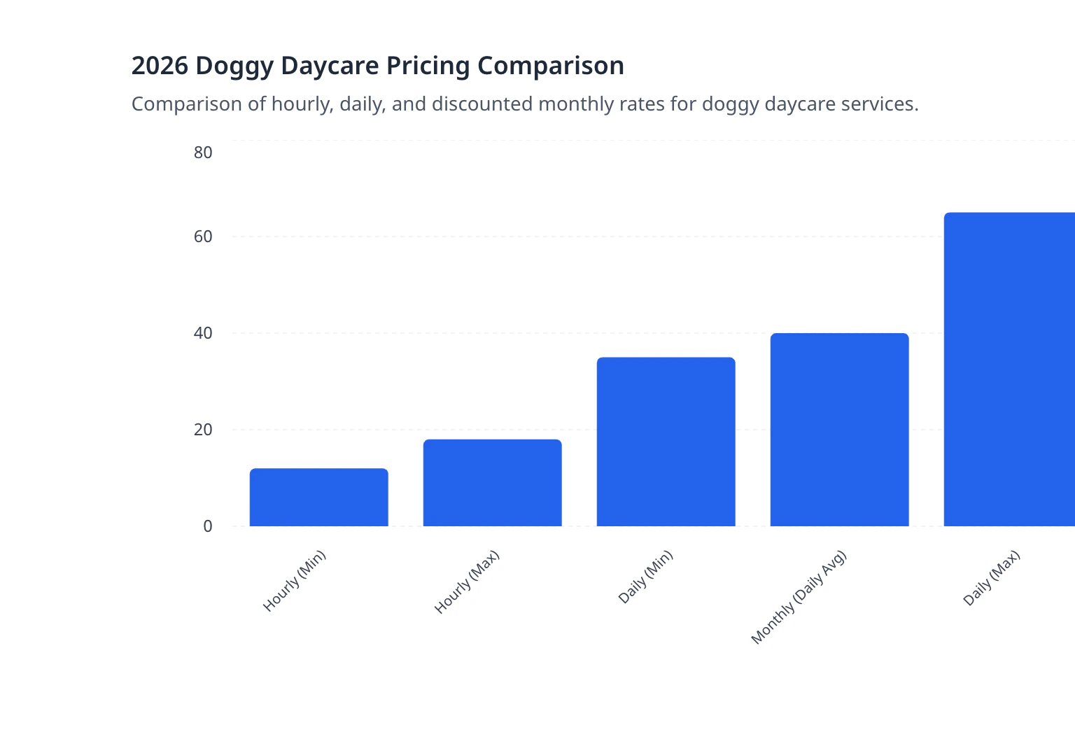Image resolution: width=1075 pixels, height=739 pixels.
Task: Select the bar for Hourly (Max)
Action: pyautogui.click(x=492, y=483)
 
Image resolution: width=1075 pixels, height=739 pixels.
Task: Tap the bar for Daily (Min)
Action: pyautogui.click(x=666, y=442)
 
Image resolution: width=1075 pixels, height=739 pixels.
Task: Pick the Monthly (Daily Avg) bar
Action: pyautogui.click(x=839, y=430)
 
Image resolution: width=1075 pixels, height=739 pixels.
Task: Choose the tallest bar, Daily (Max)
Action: pyautogui.click(x=1009, y=369)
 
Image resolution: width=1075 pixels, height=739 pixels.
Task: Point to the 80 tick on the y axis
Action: pyautogui.click(x=203, y=153)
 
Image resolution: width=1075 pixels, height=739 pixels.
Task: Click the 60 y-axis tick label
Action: pyautogui.click(x=203, y=237)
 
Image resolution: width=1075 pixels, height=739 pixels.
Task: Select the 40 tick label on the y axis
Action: pyautogui.click(x=203, y=333)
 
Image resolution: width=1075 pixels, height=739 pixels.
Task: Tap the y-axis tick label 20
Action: pyautogui.click(x=203, y=430)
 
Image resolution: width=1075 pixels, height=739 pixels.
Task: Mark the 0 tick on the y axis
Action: pyautogui.click(x=207, y=526)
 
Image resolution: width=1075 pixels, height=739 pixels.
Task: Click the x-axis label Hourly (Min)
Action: pyautogui.click(x=295, y=582)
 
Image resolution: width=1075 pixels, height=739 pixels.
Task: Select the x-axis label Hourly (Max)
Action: pyautogui.click(x=467, y=582)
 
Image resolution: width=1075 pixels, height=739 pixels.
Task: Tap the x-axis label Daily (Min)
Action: pyautogui.click(x=645, y=577)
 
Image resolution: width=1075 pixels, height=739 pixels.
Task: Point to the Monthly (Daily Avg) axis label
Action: pyautogui.click(x=799, y=598)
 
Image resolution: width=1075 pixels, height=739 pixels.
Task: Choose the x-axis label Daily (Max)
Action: pyautogui.click(x=991, y=578)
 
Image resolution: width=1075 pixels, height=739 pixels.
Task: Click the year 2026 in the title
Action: pyautogui.click(x=160, y=66)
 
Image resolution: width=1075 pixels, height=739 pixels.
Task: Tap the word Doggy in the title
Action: pyautogui.click(x=234, y=66)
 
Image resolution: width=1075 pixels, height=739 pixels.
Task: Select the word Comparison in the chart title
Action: pyautogui.click(x=551, y=66)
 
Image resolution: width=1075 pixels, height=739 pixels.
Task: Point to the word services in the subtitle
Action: pyautogui.click(x=879, y=104)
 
